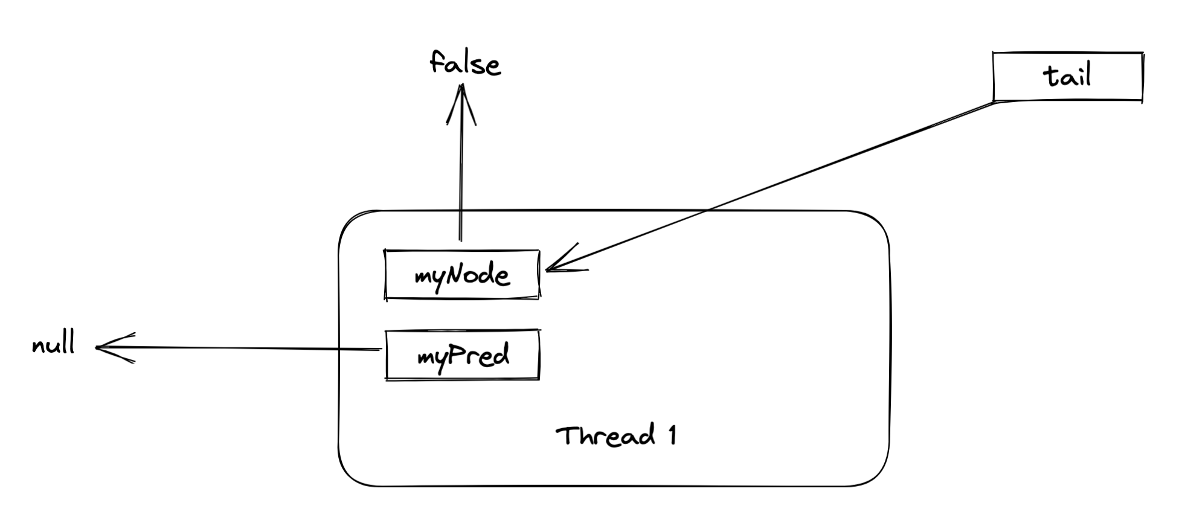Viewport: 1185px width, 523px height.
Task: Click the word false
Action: click(464, 63)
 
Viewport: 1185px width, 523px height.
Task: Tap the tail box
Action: click(1067, 77)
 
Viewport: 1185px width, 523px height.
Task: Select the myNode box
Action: click(462, 275)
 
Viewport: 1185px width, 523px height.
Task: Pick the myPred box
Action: click(462, 355)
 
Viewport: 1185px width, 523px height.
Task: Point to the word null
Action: click(53, 345)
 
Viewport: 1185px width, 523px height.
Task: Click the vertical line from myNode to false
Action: click(460, 181)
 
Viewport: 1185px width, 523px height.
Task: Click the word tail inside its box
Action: click(1067, 77)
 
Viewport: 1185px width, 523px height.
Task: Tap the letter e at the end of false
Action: click(493, 66)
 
